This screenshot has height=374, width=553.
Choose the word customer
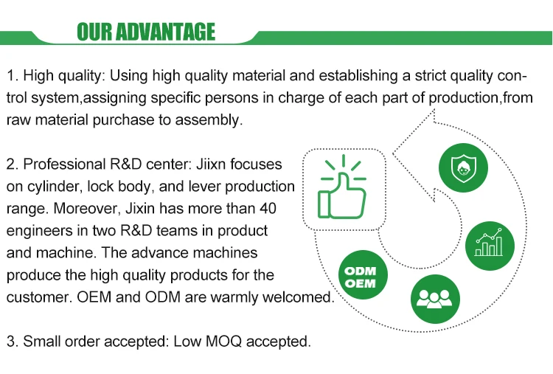pos(36,297)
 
